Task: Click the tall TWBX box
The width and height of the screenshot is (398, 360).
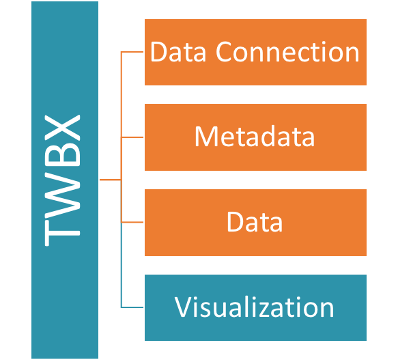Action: tap(65, 180)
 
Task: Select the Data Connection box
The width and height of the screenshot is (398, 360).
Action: tap(255, 52)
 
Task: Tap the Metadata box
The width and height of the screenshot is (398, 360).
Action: tap(255, 137)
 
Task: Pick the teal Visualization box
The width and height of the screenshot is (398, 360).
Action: tap(255, 307)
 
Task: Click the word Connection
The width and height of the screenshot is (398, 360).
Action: tap(287, 52)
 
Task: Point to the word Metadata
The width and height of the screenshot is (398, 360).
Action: tap(255, 137)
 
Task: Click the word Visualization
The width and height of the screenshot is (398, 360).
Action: tap(254, 307)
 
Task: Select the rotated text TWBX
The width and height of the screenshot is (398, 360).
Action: tap(62, 180)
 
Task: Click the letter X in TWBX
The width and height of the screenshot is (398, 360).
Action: tap(62, 128)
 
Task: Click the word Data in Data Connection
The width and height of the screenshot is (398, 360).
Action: tap(178, 52)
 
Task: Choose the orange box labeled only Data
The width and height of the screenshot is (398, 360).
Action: tap(255, 223)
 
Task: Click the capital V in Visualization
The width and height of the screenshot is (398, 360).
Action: tap(184, 307)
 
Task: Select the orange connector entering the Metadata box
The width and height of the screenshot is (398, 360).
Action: tap(132, 137)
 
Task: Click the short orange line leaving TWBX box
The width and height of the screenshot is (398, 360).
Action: tap(110, 180)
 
